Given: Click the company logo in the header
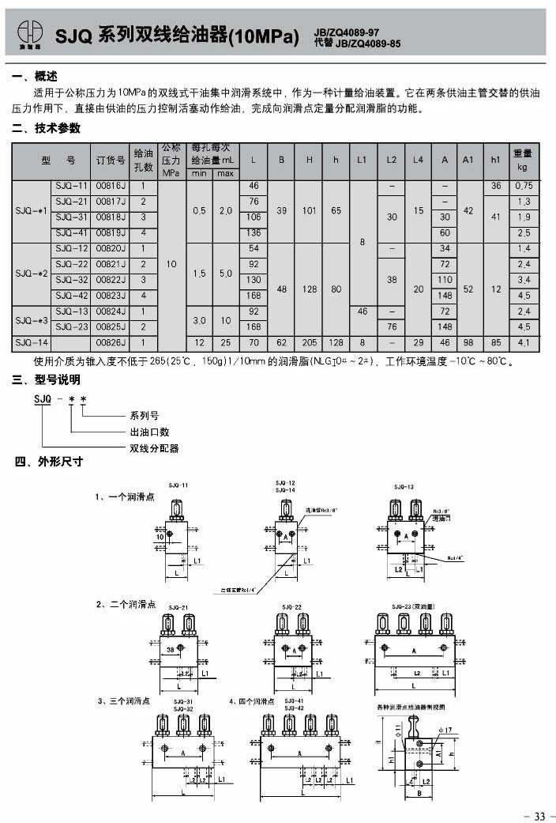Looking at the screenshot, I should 28,34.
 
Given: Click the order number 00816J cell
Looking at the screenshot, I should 110,186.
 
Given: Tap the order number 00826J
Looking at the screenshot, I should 110,342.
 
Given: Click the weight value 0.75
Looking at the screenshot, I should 523,186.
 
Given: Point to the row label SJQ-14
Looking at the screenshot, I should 32,342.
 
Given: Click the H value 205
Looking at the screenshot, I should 310,342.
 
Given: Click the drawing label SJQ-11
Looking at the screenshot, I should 178,484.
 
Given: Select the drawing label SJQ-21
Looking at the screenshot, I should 178,606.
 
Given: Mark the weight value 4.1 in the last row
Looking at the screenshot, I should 523,342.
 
